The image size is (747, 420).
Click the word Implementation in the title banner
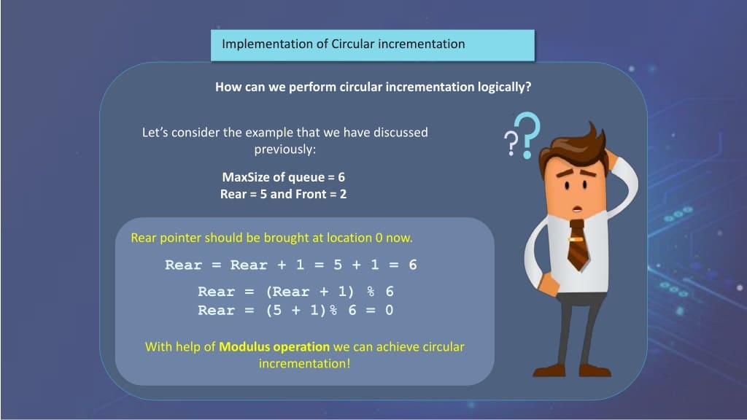[267, 44]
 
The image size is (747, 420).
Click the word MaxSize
[243, 177]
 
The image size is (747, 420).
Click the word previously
[284, 149]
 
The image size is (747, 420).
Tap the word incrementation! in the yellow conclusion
[305, 363]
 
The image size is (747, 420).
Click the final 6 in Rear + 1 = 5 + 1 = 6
[413, 265]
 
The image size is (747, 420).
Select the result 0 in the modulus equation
[390, 310]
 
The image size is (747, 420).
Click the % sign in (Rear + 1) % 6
[371, 292]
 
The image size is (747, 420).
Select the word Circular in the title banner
[354, 44]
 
